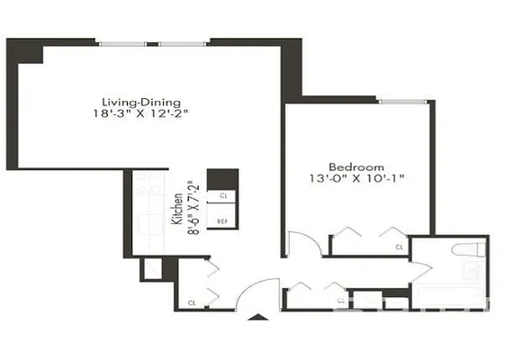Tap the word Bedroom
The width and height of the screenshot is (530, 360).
[x=356, y=167]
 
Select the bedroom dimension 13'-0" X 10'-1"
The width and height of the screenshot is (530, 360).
[x=356, y=180]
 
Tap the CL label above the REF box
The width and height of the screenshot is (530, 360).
[x=222, y=195]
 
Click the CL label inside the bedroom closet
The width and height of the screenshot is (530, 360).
[x=399, y=246]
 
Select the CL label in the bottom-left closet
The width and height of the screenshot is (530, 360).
[x=193, y=303]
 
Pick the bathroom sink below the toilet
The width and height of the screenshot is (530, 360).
[x=470, y=270]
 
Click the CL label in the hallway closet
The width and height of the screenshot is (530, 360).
[x=340, y=301]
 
